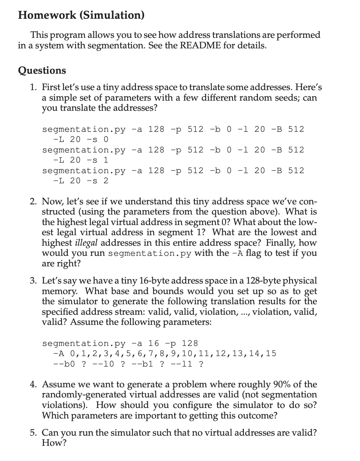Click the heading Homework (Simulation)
coord(81,15)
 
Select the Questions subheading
coord(42,70)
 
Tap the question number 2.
coord(34,202)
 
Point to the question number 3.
coord(34,281)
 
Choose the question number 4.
coord(34,385)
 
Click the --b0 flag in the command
coord(65,364)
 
